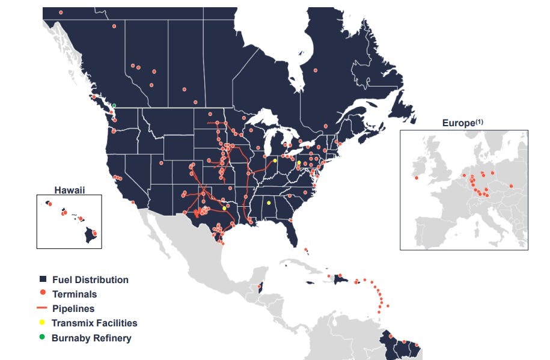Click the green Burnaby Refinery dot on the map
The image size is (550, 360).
coord(114,106)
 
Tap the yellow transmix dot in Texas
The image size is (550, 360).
coord(224,208)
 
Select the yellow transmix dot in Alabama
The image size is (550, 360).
coord(269,203)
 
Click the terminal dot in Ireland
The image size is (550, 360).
coord(416,177)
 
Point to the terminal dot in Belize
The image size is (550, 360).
coord(260,285)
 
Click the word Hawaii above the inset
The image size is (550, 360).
coord(69,190)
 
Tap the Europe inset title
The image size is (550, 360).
coord(458,123)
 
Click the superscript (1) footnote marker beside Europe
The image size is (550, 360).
coord(479,122)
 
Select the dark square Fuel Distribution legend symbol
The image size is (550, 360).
coord(43,279)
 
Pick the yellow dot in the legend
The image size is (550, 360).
coord(42,323)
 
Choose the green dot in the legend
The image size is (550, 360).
coord(42,337)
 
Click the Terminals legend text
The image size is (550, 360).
coord(75,294)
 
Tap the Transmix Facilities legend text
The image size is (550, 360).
coord(94,323)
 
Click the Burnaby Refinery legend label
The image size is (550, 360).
coord(91,338)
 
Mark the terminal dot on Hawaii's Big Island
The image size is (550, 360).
coord(94,233)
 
